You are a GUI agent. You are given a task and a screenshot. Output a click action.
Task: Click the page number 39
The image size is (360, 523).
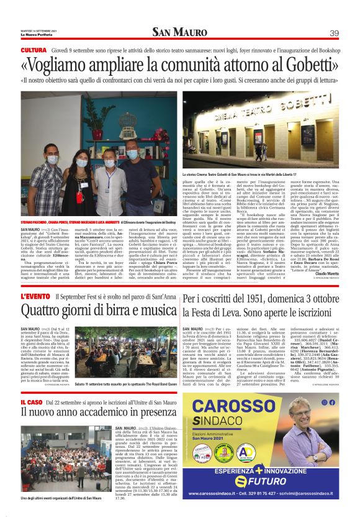pyautogui.click(x=334, y=33)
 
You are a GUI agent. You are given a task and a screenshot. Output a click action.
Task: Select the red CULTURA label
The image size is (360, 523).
pyautogui.click(x=33, y=50)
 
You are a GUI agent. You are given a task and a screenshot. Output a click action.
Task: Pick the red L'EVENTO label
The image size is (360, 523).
pyautogui.click(x=35, y=297)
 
